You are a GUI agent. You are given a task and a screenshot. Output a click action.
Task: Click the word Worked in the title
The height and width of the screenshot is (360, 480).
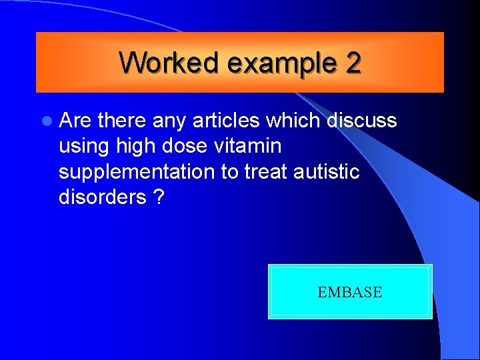click(x=170, y=63)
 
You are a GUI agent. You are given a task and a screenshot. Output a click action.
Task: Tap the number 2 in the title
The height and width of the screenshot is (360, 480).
click(x=353, y=63)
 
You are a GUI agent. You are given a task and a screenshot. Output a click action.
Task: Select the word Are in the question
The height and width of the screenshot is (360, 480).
click(x=75, y=121)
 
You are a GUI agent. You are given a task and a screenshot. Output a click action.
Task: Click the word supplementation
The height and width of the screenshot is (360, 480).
click(x=137, y=172)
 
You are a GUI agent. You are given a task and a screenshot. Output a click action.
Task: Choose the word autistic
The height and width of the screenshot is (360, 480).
click(x=327, y=172)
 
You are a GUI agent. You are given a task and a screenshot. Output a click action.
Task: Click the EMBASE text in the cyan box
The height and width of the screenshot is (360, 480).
click(x=350, y=292)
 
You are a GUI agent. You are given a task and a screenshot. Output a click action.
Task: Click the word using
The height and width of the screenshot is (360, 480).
click(x=85, y=146)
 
